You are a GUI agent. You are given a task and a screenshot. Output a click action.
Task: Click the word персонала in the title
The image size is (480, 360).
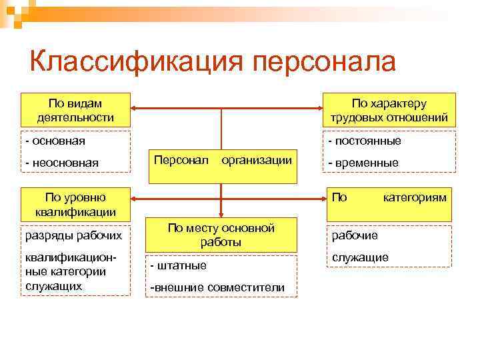325,61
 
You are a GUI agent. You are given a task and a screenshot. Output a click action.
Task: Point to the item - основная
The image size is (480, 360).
56,141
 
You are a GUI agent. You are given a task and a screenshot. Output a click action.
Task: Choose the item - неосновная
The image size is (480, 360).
62,162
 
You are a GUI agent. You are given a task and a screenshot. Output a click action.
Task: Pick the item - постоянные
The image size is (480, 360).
364,141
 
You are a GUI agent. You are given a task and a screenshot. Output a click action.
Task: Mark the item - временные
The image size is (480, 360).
363,162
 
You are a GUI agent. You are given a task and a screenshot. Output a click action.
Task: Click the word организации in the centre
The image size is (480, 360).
257,160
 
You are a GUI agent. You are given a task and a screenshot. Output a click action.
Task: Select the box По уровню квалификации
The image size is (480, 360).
75,205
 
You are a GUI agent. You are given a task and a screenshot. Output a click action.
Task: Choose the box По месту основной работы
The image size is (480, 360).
221,235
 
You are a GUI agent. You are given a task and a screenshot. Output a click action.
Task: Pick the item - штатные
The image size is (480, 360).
179,265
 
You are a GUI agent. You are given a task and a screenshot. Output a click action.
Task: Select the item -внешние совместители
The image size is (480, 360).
218,287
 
